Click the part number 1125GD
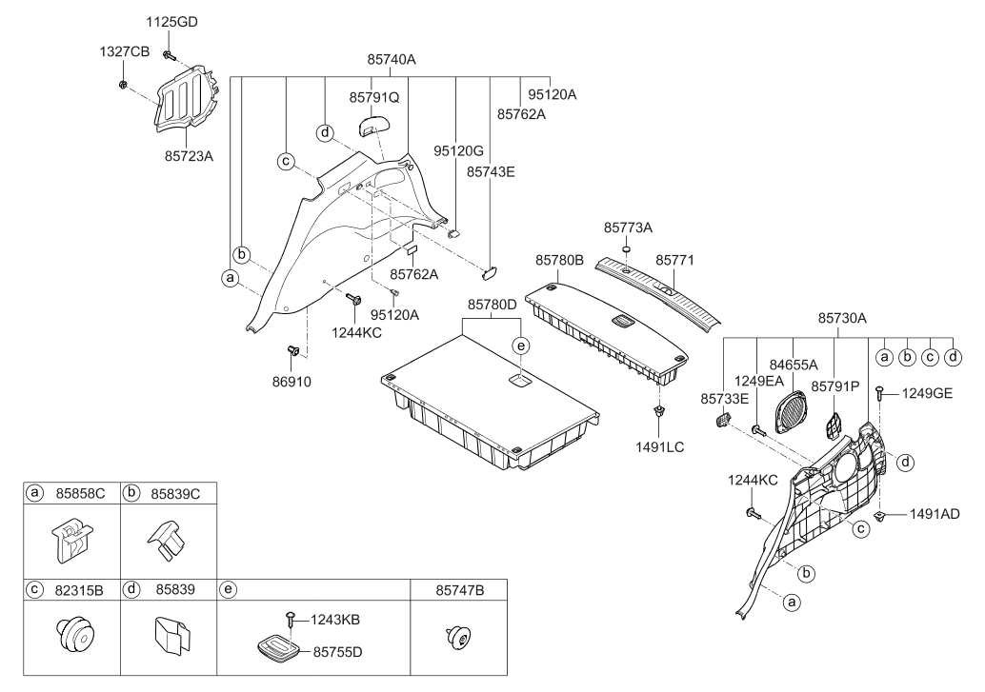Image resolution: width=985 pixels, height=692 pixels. (x=171, y=22)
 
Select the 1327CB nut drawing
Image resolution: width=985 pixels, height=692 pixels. (x=123, y=84)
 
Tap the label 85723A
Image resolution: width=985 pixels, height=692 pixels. (x=189, y=156)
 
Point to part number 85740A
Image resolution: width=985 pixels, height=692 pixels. (x=392, y=60)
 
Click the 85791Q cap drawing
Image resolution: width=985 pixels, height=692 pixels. (x=374, y=125)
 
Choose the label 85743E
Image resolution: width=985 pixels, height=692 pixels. (x=490, y=171)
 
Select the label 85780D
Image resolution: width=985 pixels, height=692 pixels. (x=492, y=305)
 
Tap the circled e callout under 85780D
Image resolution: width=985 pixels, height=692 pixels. (x=520, y=346)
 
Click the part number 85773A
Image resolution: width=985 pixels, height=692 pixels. (x=628, y=227)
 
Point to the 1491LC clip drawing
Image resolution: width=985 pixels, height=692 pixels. (x=658, y=411)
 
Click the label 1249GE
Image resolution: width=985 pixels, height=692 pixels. (x=927, y=393)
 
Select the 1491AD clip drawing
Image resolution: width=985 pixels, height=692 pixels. (x=880, y=515)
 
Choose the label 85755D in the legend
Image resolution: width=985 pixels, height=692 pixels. (x=338, y=652)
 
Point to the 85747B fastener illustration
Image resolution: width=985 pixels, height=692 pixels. (x=458, y=638)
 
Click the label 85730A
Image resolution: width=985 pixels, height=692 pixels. (x=842, y=318)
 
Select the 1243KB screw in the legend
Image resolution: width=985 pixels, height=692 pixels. (x=291, y=619)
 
